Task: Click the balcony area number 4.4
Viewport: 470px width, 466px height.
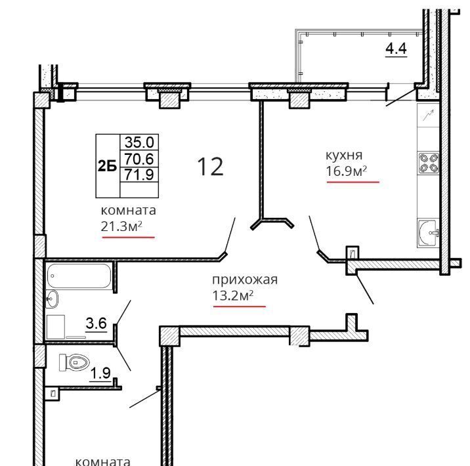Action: click(396, 49)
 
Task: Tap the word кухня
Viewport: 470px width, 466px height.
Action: click(344, 156)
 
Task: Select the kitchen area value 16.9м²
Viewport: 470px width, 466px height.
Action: click(346, 171)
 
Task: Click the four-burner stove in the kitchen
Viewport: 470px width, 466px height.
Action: click(429, 163)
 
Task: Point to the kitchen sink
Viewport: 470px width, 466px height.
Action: click(428, 233)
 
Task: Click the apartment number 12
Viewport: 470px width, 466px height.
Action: click(211, 167)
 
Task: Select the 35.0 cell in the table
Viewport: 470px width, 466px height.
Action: click(139, 142)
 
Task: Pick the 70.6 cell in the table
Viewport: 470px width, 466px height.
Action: click(139, 159)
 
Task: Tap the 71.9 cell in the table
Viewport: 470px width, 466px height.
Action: click(139, 174)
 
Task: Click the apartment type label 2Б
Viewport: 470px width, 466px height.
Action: click(107, 165)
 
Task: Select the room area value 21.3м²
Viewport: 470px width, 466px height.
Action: click(121, 226)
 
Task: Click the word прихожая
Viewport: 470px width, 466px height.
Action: click(245, 280)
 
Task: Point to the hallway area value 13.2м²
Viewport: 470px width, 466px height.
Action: click(232, 295)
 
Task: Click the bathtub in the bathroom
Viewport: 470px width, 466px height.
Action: click(79, 276)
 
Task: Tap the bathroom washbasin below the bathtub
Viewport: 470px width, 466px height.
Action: click(52, 299)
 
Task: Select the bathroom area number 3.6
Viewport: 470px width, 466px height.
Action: click(96, 324)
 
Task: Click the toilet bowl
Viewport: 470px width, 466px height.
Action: click(75, 362)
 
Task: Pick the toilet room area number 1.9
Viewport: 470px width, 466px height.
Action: click(100, 373)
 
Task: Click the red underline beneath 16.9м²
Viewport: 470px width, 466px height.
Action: click(352, 182)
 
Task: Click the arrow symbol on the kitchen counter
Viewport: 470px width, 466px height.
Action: click(429, 116)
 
